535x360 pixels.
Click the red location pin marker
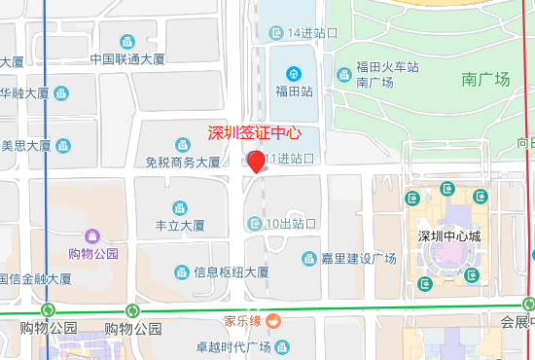(x=256, y=162)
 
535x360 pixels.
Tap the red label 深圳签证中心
(x=254, y=133)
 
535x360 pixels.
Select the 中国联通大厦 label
(x=127, y=58)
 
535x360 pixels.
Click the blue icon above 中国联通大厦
(x=126, y=41)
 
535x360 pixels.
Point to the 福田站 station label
(x=293, y=92)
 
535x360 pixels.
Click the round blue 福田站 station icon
(x=293, y=73)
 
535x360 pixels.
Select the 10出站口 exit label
(x=292, y=224)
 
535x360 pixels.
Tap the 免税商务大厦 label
(x=184, y=163)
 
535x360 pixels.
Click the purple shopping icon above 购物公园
(x=92, y=235)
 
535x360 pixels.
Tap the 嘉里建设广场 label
(x=362, y=259)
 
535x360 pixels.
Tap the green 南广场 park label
(x=486, y=80)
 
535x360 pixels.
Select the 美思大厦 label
(x=26, y=146)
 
